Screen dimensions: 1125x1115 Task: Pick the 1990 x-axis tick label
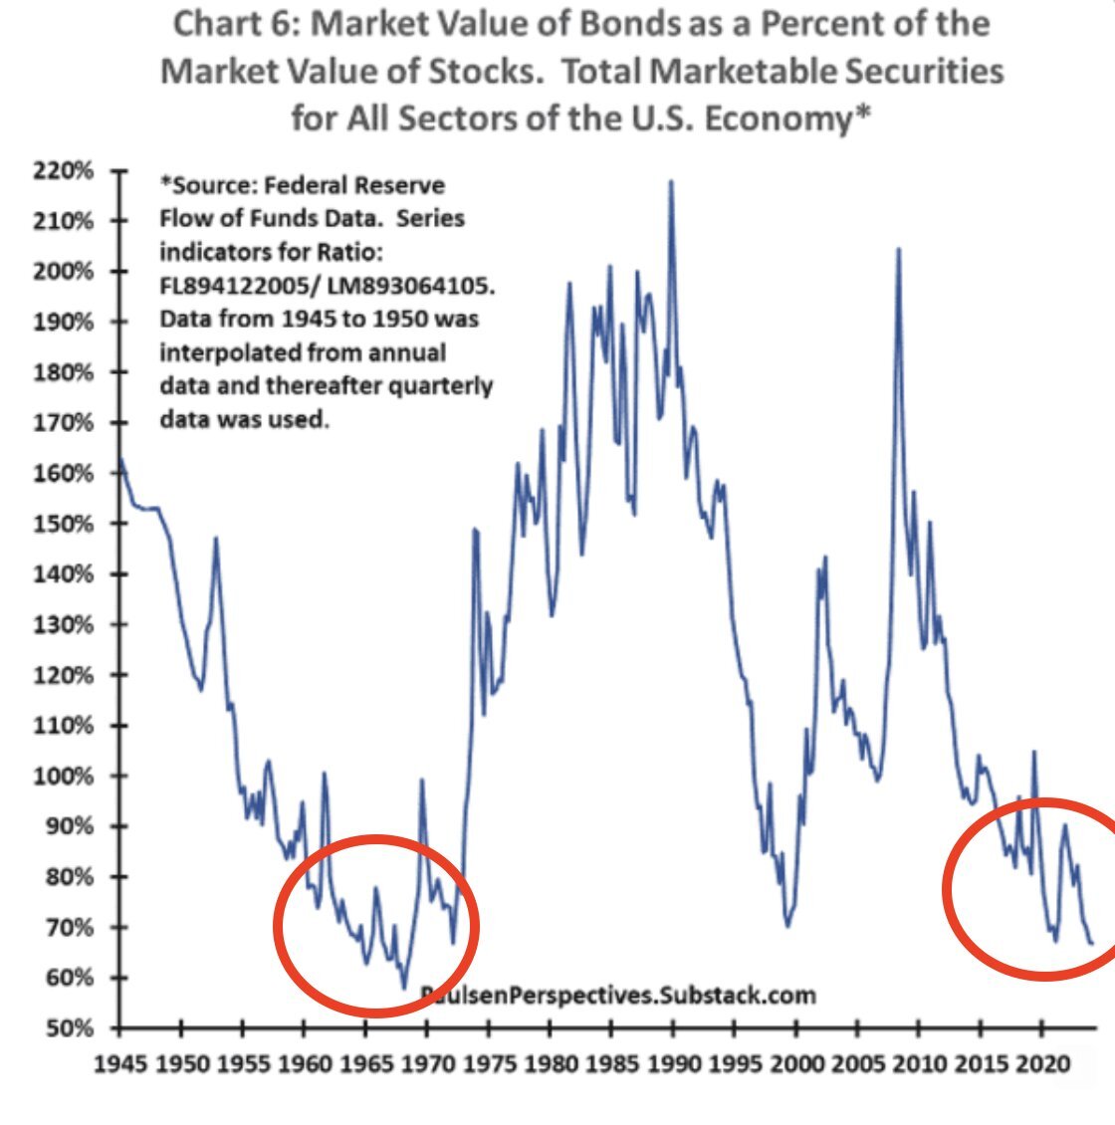[x=674, y=1063]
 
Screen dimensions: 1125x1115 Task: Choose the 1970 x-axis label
[x=428, y=1063]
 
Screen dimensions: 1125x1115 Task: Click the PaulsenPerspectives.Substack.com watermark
[x=617, y=994]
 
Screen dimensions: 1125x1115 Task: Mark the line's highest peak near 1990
[x=671, y=181]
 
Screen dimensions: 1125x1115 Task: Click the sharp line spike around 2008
[x=899, y=249]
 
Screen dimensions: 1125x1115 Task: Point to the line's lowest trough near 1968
[x=404, y=988]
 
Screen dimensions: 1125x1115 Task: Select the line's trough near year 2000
[x=787, y=927]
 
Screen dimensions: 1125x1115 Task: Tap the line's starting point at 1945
[x=120, y=459]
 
